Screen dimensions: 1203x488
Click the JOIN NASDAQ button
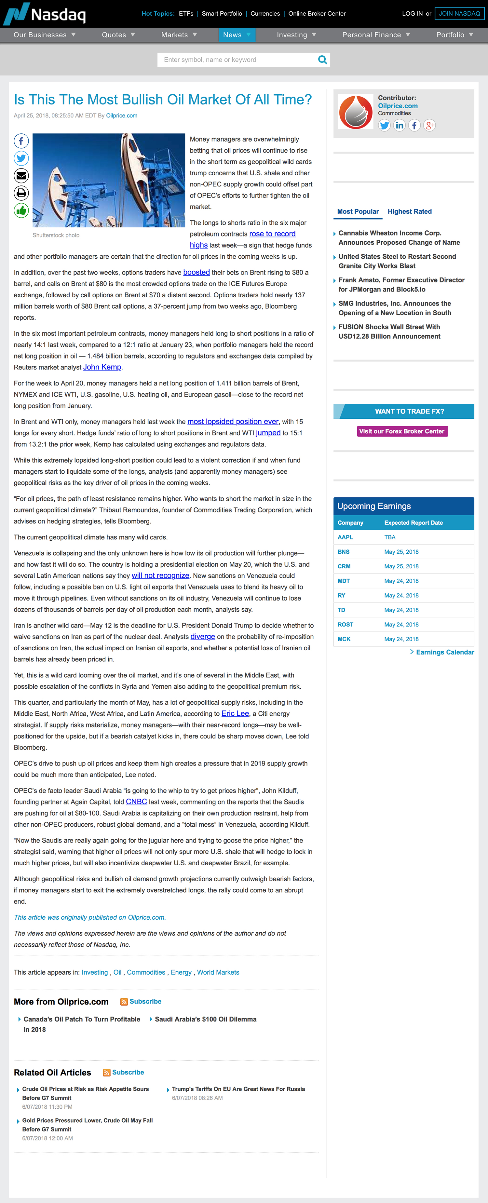coord(459,14)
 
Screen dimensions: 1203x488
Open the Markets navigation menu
coord(179,35)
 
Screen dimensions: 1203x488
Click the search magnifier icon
coord(322,60)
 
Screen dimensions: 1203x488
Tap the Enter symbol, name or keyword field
coord(236,60)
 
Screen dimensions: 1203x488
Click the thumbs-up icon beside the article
coord(21,210)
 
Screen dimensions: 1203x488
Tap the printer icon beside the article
coord(21,193)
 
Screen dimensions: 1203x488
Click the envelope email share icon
coord(21,176)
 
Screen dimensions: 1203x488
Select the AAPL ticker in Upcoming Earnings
coord(345,537)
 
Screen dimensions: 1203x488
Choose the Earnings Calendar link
coord(445,652)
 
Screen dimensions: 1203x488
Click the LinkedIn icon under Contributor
coord(399,125)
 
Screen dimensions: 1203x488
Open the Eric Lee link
coord(235,714)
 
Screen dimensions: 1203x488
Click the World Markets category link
coord(218,972)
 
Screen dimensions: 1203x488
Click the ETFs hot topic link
coord(186,14)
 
